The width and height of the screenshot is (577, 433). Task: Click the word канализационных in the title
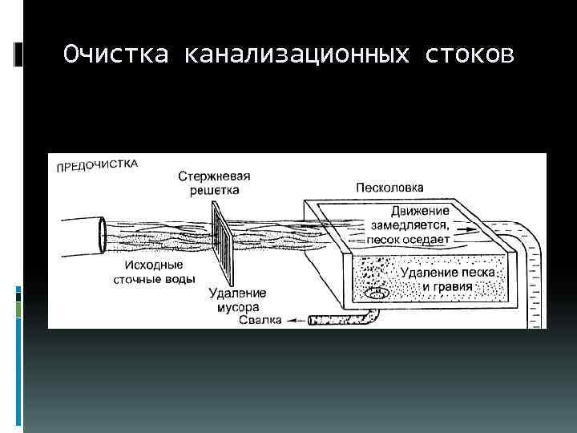tap(298, 55)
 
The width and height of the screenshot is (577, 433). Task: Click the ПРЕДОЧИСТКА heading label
tap(97, 165)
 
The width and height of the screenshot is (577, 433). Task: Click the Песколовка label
tap(390, 188)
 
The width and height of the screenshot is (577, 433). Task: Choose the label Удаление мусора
tap(237, 300)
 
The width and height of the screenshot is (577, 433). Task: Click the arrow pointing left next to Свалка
tap(294, 321)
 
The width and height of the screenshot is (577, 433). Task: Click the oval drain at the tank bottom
tap(375, 294)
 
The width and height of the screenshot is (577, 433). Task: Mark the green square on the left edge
tap(18, 309)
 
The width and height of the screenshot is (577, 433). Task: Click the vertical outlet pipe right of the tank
tap(531, 281)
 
